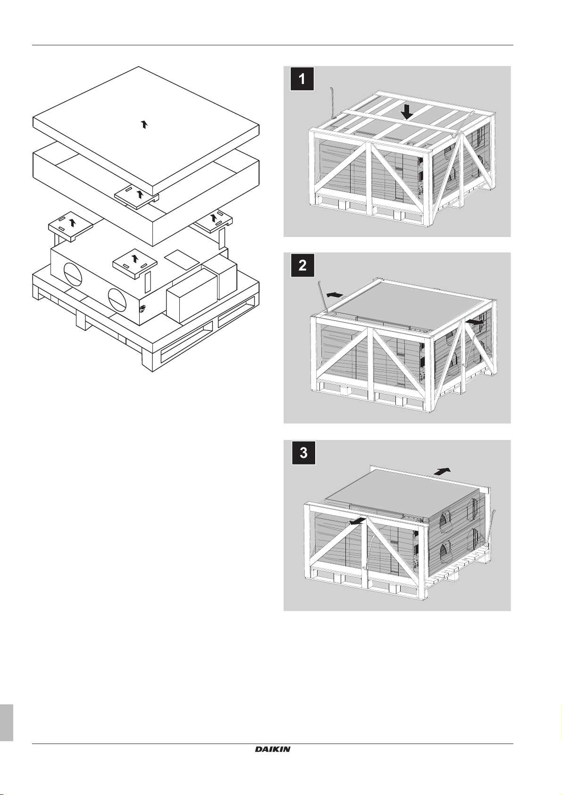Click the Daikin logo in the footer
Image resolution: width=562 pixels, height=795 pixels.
(273, 749)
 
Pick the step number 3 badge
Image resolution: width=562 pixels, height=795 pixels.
(303, 453)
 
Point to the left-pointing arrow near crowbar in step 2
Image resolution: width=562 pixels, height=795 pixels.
(335, 295)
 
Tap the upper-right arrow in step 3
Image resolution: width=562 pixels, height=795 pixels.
(442, 471)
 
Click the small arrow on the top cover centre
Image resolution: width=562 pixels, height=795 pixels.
(144, 124)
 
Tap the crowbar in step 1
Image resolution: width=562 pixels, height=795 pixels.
(332, 101)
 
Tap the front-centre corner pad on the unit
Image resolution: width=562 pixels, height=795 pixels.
(135, 260)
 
